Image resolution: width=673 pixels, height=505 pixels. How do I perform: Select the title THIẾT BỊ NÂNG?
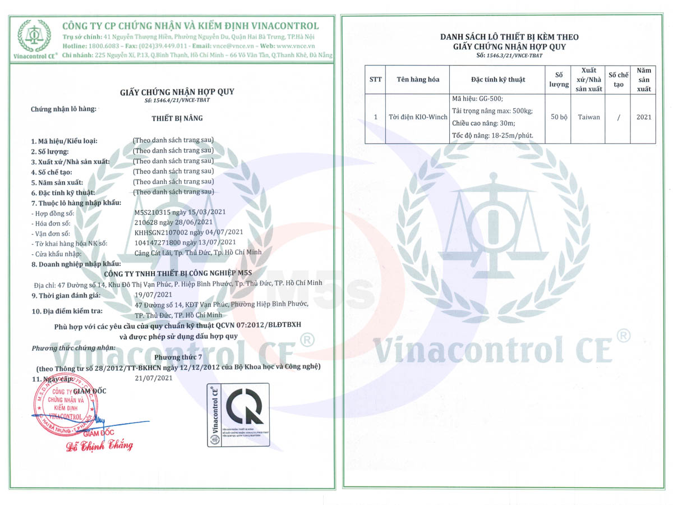tap(177, 118)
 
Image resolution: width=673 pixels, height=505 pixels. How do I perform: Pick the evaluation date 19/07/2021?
tap(154, 295)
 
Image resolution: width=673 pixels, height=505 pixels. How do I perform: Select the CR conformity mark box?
tap(238, 415)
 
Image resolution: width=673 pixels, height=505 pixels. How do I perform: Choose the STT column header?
tap(375, 80)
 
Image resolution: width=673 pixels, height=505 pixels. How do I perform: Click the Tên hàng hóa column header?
tap(418, 80)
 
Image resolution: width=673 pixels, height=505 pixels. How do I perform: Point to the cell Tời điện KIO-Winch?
tap(418, 118)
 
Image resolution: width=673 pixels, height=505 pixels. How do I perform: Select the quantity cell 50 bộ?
tap(559, 118)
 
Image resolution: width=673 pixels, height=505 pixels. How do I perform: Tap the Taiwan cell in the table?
tap(589, 118)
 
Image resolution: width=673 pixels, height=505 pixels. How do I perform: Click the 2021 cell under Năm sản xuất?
tap(644, 118)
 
